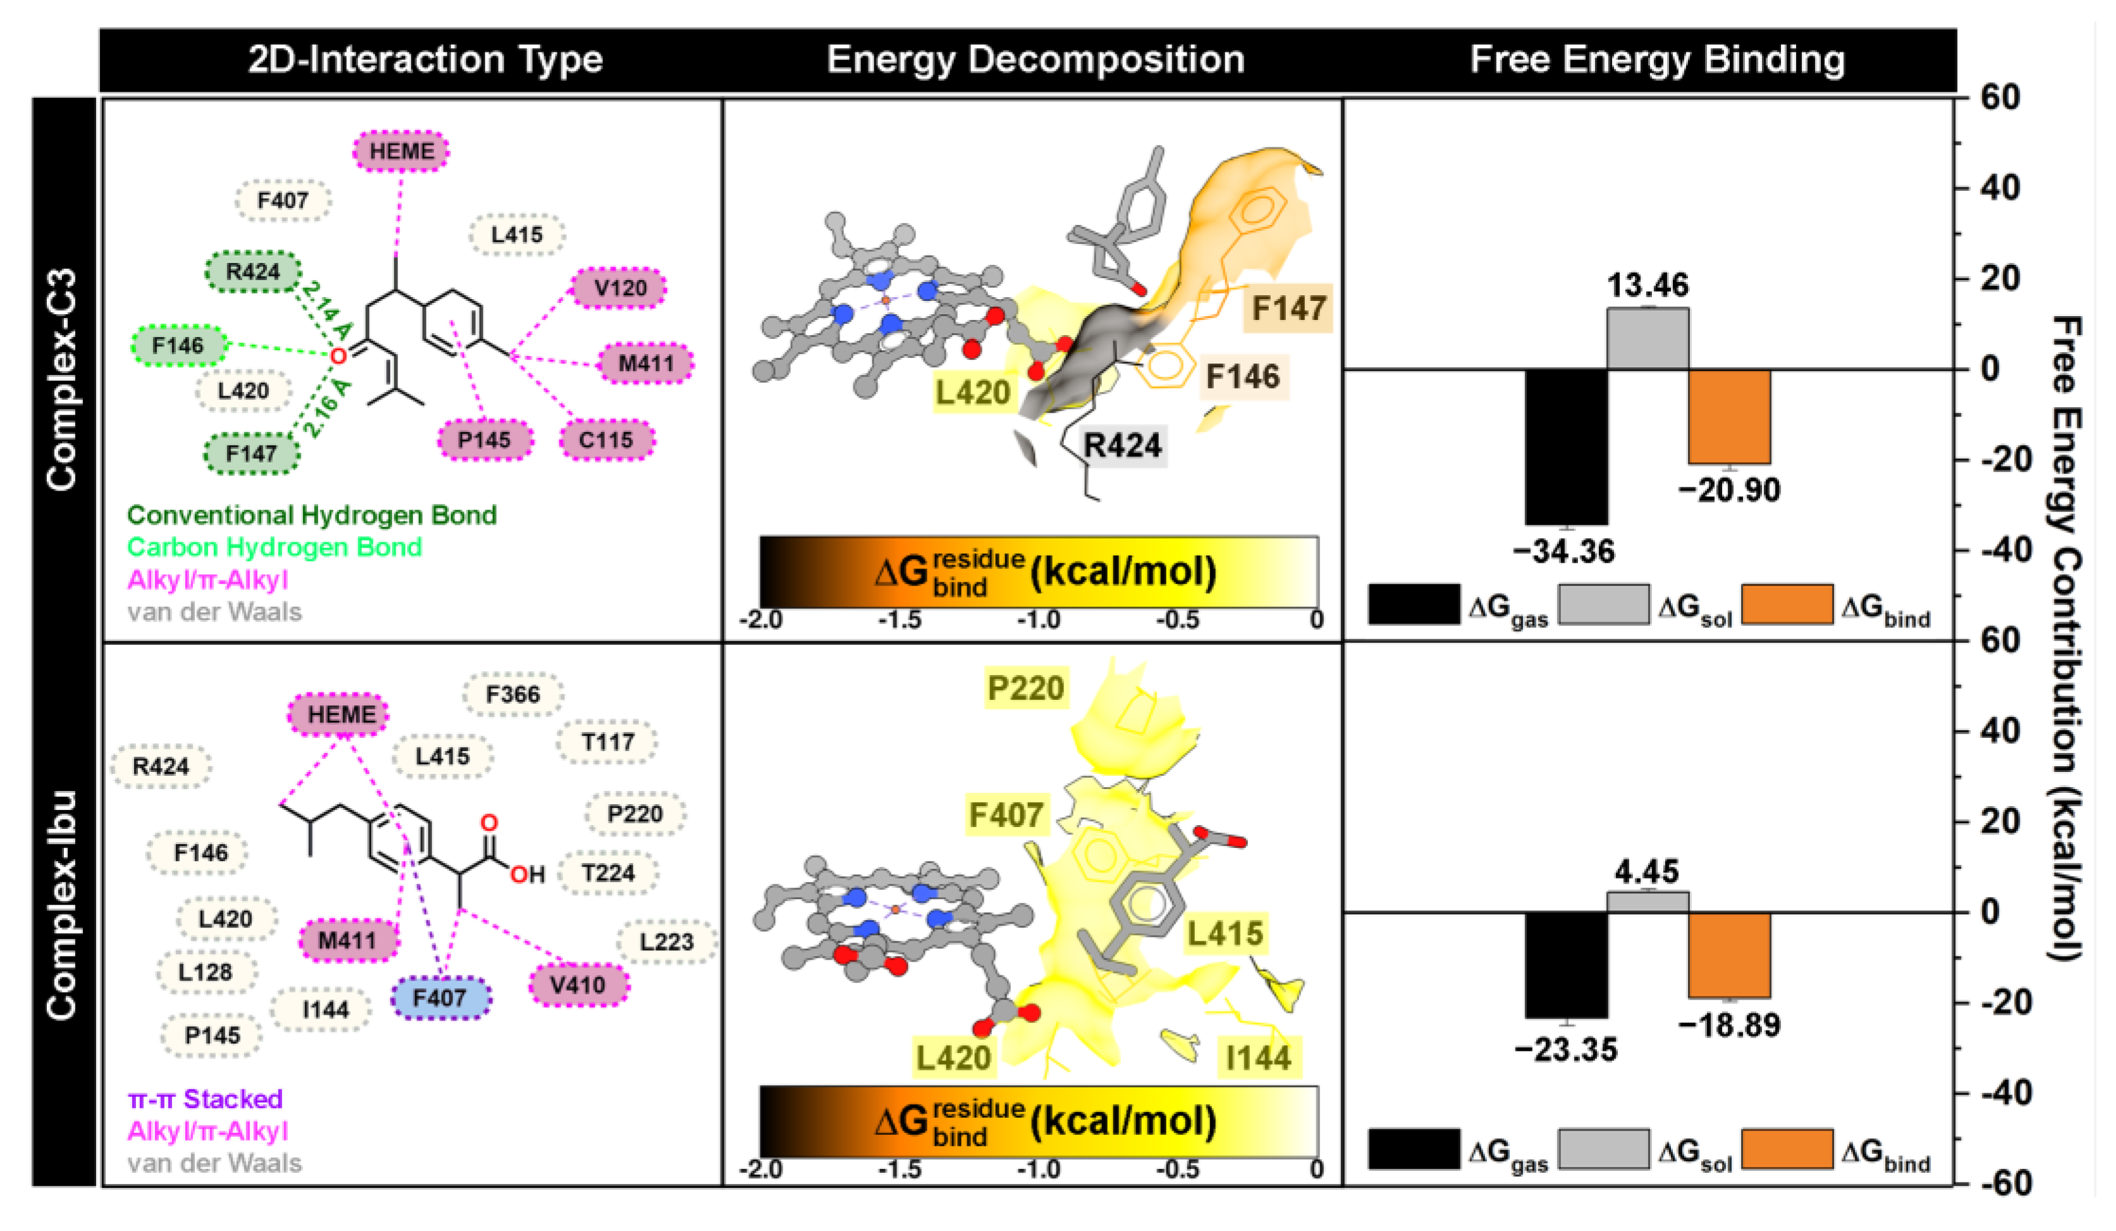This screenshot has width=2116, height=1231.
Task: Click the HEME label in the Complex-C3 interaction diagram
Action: (x=401, y=152)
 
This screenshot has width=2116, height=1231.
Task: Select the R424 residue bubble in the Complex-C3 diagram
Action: (x=253, y=272)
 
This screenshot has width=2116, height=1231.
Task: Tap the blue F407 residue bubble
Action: (x=440, y=998)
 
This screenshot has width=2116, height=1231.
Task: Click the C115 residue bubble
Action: (x=606, y=440)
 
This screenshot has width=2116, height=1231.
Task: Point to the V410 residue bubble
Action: (x=578, y=985)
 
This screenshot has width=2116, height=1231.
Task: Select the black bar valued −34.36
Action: (x=1566, y=447)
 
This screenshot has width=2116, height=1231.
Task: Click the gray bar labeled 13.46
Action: (x=1648, y=338)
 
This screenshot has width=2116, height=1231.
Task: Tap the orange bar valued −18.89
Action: (x=1729, y=955)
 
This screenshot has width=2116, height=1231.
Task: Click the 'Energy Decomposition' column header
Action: (x=1034, y=59)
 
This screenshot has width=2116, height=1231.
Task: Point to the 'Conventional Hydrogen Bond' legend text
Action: (x=312, y=515)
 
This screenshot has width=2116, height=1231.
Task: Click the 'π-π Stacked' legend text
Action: (x=205, y=1099)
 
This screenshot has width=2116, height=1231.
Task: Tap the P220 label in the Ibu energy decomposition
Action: (x=1025, y=689)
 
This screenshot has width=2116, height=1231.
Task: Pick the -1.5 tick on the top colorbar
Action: (x=899, y=620)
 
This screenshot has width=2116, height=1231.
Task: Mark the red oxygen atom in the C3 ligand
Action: (x=338, y=356)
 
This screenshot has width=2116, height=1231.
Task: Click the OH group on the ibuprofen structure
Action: (x=528, y=875)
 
